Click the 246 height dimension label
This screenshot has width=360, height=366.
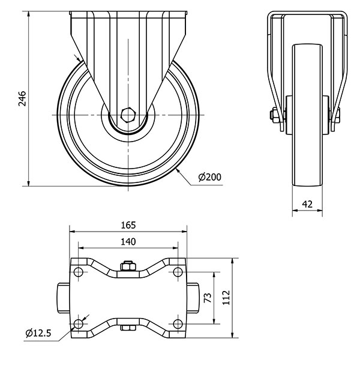(x=22, y=98)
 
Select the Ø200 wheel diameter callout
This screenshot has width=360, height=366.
(x=209, y=177)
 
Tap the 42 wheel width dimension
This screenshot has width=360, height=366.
(x=307, y=204)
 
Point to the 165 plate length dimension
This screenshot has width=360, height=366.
(x=128, y=225)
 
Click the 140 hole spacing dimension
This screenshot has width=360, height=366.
(x=128, y=242)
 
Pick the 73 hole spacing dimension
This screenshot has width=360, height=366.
(x=208, y=298)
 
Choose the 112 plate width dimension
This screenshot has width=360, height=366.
(x=226, y=298)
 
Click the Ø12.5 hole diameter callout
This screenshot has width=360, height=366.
(x=38, y=333)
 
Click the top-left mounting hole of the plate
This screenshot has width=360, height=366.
(x=78, y=272)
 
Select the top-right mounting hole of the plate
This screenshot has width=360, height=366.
(x=178, y=272)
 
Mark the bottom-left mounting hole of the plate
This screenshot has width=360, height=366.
(x=78, y=324)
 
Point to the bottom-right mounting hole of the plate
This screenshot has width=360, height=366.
(x=178, y=324)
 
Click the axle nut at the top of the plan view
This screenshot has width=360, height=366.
(x=128, y=266)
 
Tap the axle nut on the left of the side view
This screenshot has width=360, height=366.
(x=274, y=115)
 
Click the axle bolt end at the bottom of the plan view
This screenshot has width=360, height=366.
(x=128, y=328)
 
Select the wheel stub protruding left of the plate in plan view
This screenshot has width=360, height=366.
(x=64, y=298)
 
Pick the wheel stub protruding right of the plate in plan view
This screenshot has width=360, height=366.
(x=193, y=298)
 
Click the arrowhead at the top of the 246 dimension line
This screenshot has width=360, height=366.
(x=29, y=14)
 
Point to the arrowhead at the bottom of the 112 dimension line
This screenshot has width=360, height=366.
(x=232, y=335)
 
